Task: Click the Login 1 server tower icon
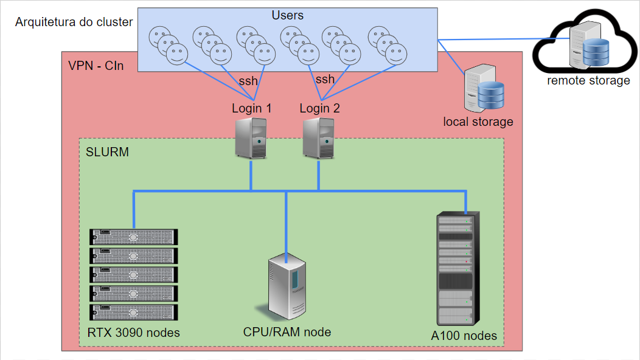pos(251,139)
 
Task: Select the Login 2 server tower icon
pos(319,139)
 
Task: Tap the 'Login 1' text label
pos(251,109)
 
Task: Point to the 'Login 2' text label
pos(319,109)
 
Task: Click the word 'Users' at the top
pos(287,15)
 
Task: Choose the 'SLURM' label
pos(108,152)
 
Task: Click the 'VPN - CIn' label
pos(96,66)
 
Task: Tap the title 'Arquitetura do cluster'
pos(74,22)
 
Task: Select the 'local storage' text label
pos(478,122)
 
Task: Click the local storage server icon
pos(483,89)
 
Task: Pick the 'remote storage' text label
pos(588,80)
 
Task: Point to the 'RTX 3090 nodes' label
pos(134,333)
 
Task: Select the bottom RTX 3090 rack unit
pos(134,313)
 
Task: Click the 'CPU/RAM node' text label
pos(287,332)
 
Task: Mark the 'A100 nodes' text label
pos(464,336)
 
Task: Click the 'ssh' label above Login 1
pos(248,81)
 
